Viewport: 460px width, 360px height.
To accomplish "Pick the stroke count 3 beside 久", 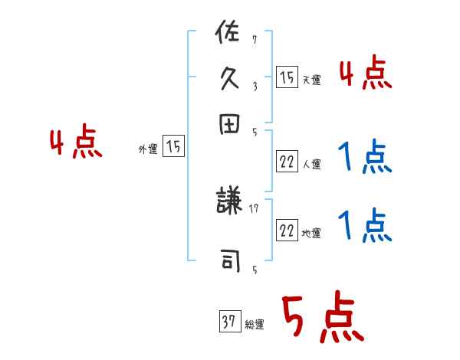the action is (x=254, y=87).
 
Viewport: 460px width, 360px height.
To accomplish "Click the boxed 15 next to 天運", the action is (x=287, y=77).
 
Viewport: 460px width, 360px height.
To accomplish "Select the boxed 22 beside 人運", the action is (x=287, y=161).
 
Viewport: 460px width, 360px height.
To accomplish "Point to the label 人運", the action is (x=311, y=164).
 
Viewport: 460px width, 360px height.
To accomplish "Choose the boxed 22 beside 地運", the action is (x=287, y=231).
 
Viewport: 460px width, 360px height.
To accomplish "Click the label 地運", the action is (x=311, y=234).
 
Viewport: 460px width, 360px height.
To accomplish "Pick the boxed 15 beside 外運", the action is (x=173, y=147).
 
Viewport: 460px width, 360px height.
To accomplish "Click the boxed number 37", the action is (x=229, y=321).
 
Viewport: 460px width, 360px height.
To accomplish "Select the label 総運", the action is (x=254, y=325).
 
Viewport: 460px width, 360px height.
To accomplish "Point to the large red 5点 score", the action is (x=321, y=319).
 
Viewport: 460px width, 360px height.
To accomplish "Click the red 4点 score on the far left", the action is (x=75, y=144).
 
